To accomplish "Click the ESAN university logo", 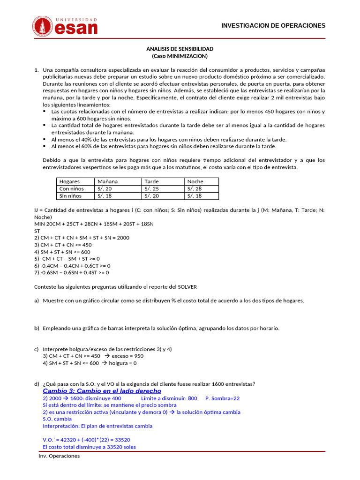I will pos(65,26).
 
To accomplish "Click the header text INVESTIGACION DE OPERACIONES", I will pos(273,25).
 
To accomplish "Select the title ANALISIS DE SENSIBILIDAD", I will pos(180,49).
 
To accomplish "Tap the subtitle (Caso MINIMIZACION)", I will pos(180,56).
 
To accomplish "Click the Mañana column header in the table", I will pos(107,181).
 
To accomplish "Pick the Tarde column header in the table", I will pos(151,181).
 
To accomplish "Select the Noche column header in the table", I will pos(195,181).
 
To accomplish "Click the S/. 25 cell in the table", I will pos(151,188).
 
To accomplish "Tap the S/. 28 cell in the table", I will pos(195,188).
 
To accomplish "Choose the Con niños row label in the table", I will pos(71,188).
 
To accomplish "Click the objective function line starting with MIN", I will pos(94,224).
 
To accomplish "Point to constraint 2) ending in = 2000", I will pos(82,238).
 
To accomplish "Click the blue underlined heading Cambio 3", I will pos(102,391).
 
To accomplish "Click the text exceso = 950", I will pos(126,356).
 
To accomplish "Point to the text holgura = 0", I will pos(123,363).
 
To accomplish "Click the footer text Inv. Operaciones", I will pos(59,456).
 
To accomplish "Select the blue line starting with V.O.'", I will pos(86,440).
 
